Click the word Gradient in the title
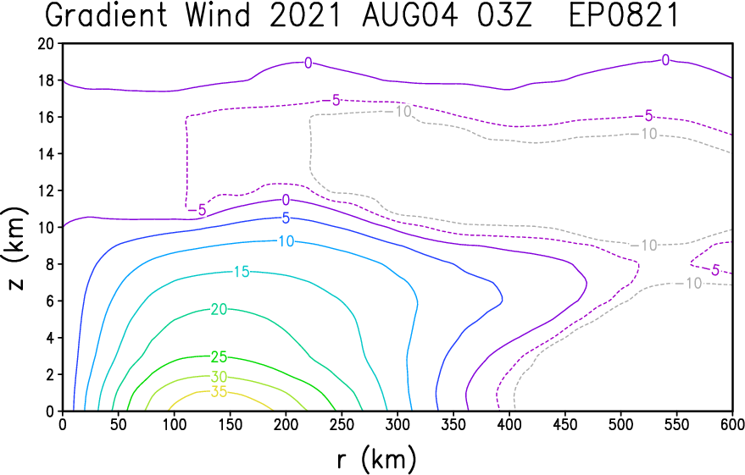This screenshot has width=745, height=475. pos(107,14)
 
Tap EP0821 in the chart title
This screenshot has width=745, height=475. pos(623,14)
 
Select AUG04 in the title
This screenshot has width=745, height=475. pos(410,14)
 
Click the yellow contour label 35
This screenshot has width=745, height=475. pos(219,392)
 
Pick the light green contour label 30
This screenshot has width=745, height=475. pos(219,378)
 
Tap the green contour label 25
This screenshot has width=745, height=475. pos(219,356)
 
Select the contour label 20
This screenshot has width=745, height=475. pos(219,310)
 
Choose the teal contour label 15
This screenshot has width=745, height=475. pos(242,272)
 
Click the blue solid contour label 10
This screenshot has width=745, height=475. pos(286,241)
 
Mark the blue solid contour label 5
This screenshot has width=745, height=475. pos(286,218)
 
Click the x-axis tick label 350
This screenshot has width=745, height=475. pos(453,425)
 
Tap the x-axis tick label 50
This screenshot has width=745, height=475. pos(119,425)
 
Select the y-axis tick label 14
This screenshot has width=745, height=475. pos(47,154)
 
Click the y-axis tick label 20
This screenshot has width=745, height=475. pos(47,44)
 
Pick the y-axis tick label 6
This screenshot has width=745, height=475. pos(51,301)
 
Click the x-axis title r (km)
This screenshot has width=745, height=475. pos(376,459)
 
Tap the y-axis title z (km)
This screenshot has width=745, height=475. pos(15,248)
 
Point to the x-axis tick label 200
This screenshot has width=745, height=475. pos(286,425)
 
